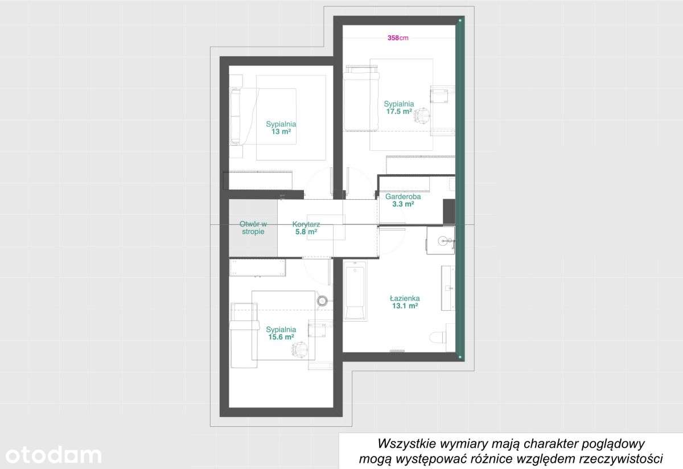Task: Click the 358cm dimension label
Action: pos(398,38)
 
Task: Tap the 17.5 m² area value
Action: pos(399,112)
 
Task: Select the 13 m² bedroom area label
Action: pos(281,131)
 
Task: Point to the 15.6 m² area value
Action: pos(281,337)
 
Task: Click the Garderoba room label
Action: pos(403,196)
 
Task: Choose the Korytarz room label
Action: pos(306,224)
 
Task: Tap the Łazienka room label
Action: pos(405,298)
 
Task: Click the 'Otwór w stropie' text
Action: pos(253,228)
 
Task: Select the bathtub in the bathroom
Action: pos(355,290)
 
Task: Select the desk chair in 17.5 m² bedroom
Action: pos(422,116)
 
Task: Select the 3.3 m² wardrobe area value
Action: pos(403,204)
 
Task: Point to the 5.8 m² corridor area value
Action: pos(306,232)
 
